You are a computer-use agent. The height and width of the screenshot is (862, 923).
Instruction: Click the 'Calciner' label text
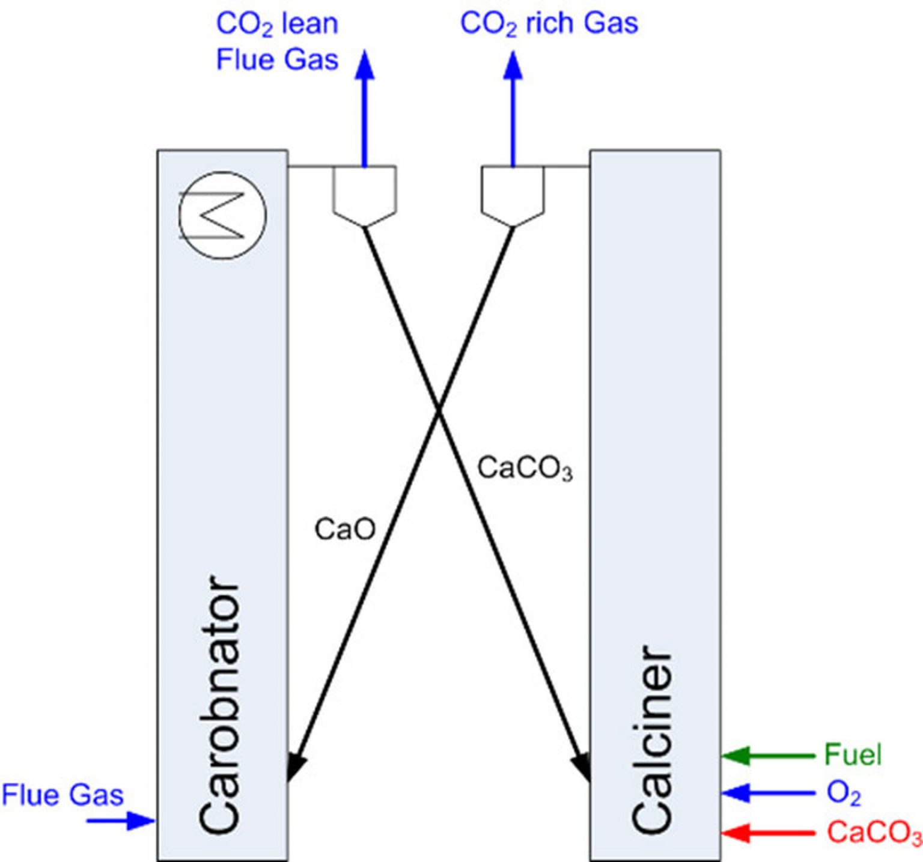click(651, 739)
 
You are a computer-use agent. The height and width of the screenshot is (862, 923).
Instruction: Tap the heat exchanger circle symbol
click(222, 214)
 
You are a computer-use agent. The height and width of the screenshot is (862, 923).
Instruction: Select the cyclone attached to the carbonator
click(364, 195)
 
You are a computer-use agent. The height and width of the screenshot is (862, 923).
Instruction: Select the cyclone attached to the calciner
click(513, 195)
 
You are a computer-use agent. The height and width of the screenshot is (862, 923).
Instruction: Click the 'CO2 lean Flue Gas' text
click(277, 42)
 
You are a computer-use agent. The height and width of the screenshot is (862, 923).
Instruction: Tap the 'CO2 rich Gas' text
click(549, 24)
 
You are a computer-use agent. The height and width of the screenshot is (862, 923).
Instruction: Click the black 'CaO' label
click(345, 529)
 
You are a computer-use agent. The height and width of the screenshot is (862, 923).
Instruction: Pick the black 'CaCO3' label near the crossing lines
click(525, 469)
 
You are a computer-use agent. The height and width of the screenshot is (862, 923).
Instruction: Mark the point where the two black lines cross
click(439, 411)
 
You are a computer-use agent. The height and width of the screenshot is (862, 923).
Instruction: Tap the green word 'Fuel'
click(853, 755)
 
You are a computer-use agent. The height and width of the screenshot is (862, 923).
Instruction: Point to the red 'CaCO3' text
click(874, 833)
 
